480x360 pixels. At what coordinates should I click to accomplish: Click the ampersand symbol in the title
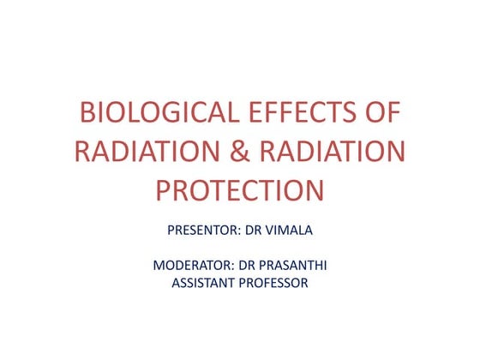pos(239,152)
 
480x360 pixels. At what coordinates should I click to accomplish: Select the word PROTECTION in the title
pos(240,189)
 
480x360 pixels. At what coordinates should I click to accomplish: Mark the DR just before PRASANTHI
pos(249,266)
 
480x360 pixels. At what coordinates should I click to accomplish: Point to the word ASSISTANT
pos(204,284)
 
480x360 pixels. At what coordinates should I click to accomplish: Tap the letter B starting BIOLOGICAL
pos(85,114)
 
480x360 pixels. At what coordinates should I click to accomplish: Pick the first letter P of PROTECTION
pos(165,189)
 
